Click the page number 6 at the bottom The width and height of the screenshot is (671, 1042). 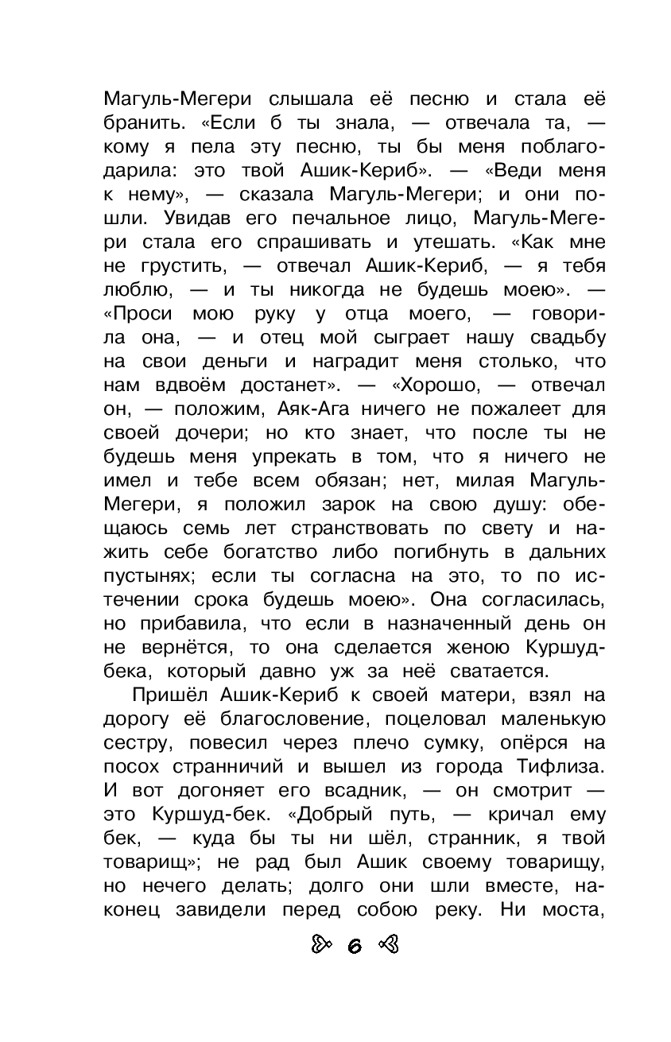[354, 945]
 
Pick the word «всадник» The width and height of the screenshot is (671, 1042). [370, 792]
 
